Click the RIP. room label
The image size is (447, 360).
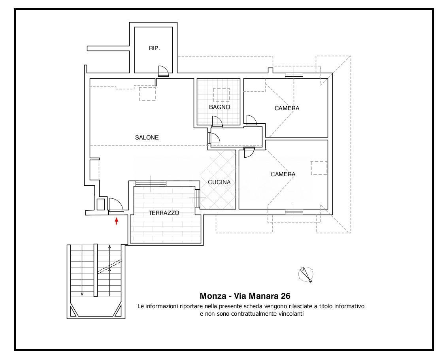coord(155,49)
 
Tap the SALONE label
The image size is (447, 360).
coord(147,138)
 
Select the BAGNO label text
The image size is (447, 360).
coord(219,107)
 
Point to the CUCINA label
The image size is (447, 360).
coord(219,182)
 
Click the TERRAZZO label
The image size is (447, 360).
coord(164,213)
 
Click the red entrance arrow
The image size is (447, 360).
coord(116,221)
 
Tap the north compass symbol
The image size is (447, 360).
coord(306,274)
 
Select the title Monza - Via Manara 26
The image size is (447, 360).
coord(245,296)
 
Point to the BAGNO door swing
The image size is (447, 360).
coord(217,121)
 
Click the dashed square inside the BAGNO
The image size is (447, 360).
coord(221,95)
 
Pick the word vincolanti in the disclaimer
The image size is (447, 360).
coord(291,314)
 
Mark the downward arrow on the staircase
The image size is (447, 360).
coord(82,270)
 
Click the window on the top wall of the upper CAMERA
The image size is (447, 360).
coord(294,75)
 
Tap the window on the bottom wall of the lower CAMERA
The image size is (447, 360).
coord(294,212)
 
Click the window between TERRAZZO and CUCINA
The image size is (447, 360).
coord(197,198)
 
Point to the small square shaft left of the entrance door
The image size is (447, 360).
coord(101,204)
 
